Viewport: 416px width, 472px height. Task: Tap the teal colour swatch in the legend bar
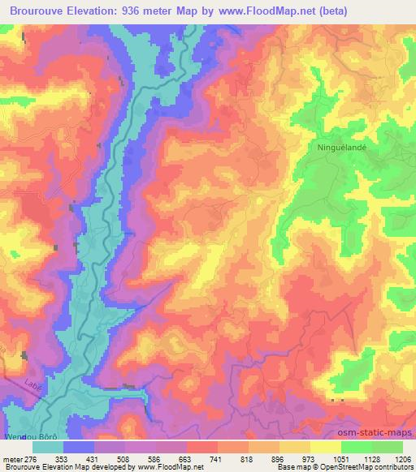47,446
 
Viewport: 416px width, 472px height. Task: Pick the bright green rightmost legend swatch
388,446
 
